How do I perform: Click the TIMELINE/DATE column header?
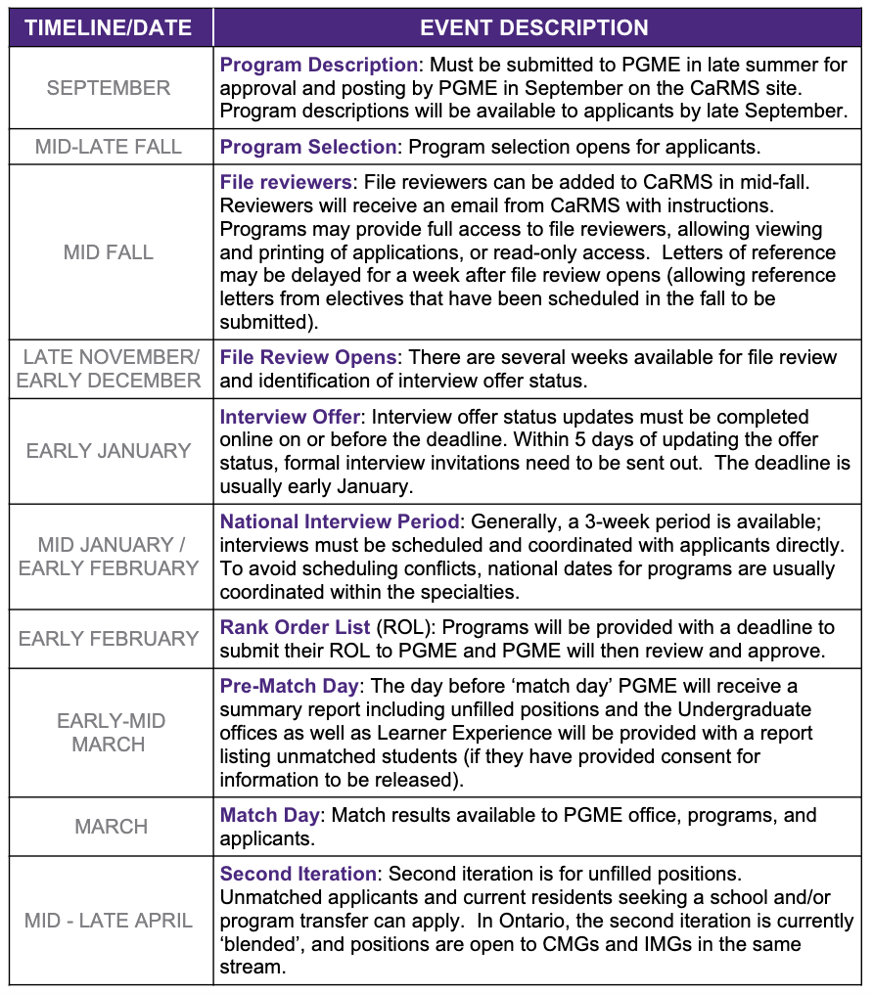point(108,27)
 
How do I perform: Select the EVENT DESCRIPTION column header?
point(533,27)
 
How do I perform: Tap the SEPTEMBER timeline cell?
point(108,88)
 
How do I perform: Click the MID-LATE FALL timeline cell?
point(108,147)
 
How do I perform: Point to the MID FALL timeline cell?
point(108,252)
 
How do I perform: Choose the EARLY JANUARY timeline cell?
point(108,451)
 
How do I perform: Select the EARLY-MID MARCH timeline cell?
point(108,733)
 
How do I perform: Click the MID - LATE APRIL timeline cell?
point(108,921)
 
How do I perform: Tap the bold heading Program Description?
point(319,66)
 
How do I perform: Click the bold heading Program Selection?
point(308,147)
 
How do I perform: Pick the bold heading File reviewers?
point(286,182)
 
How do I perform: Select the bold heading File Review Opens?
point(308,357)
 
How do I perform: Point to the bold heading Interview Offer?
point(291,417)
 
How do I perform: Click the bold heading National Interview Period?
point(340,521)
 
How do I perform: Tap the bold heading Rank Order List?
point(296,626)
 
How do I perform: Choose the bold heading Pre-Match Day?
point(290,686)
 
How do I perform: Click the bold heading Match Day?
point(269,815)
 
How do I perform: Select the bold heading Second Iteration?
point(299,874)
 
